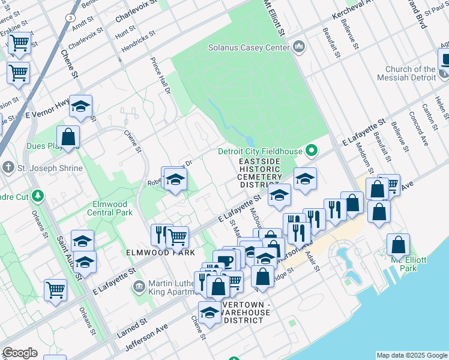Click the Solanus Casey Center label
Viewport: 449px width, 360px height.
click(247, 47)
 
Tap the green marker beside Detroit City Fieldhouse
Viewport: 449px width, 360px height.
click(312, 150)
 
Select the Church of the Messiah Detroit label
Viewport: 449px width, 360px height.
click(411, 73)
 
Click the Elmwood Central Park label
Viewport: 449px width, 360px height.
click(112, 208)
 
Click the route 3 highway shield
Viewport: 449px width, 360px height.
click(71, 19)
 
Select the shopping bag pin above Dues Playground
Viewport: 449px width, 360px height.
click(68, 137)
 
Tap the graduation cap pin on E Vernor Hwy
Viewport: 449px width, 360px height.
click(80, 107)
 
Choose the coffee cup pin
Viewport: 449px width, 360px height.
click(225, 261)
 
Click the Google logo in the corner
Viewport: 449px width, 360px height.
click(20, 353)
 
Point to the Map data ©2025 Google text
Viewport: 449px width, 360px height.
click(411, 355)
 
